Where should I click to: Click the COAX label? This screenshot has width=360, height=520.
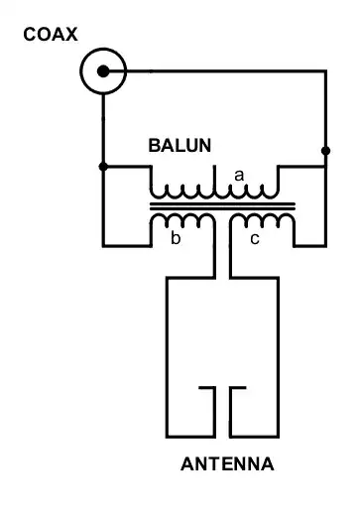coord(51,36)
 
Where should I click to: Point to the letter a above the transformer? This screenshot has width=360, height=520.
coord(237,175)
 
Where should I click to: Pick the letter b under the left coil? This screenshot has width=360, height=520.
coord(177,239)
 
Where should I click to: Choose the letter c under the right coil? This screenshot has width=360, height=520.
coord(255,239)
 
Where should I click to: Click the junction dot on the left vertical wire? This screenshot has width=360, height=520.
coord(103,166)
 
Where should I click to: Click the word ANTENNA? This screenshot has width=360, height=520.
coord(227,463)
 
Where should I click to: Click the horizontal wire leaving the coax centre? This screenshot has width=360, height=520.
coord(218,70)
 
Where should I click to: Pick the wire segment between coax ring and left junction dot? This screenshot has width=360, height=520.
coord(103,129)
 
